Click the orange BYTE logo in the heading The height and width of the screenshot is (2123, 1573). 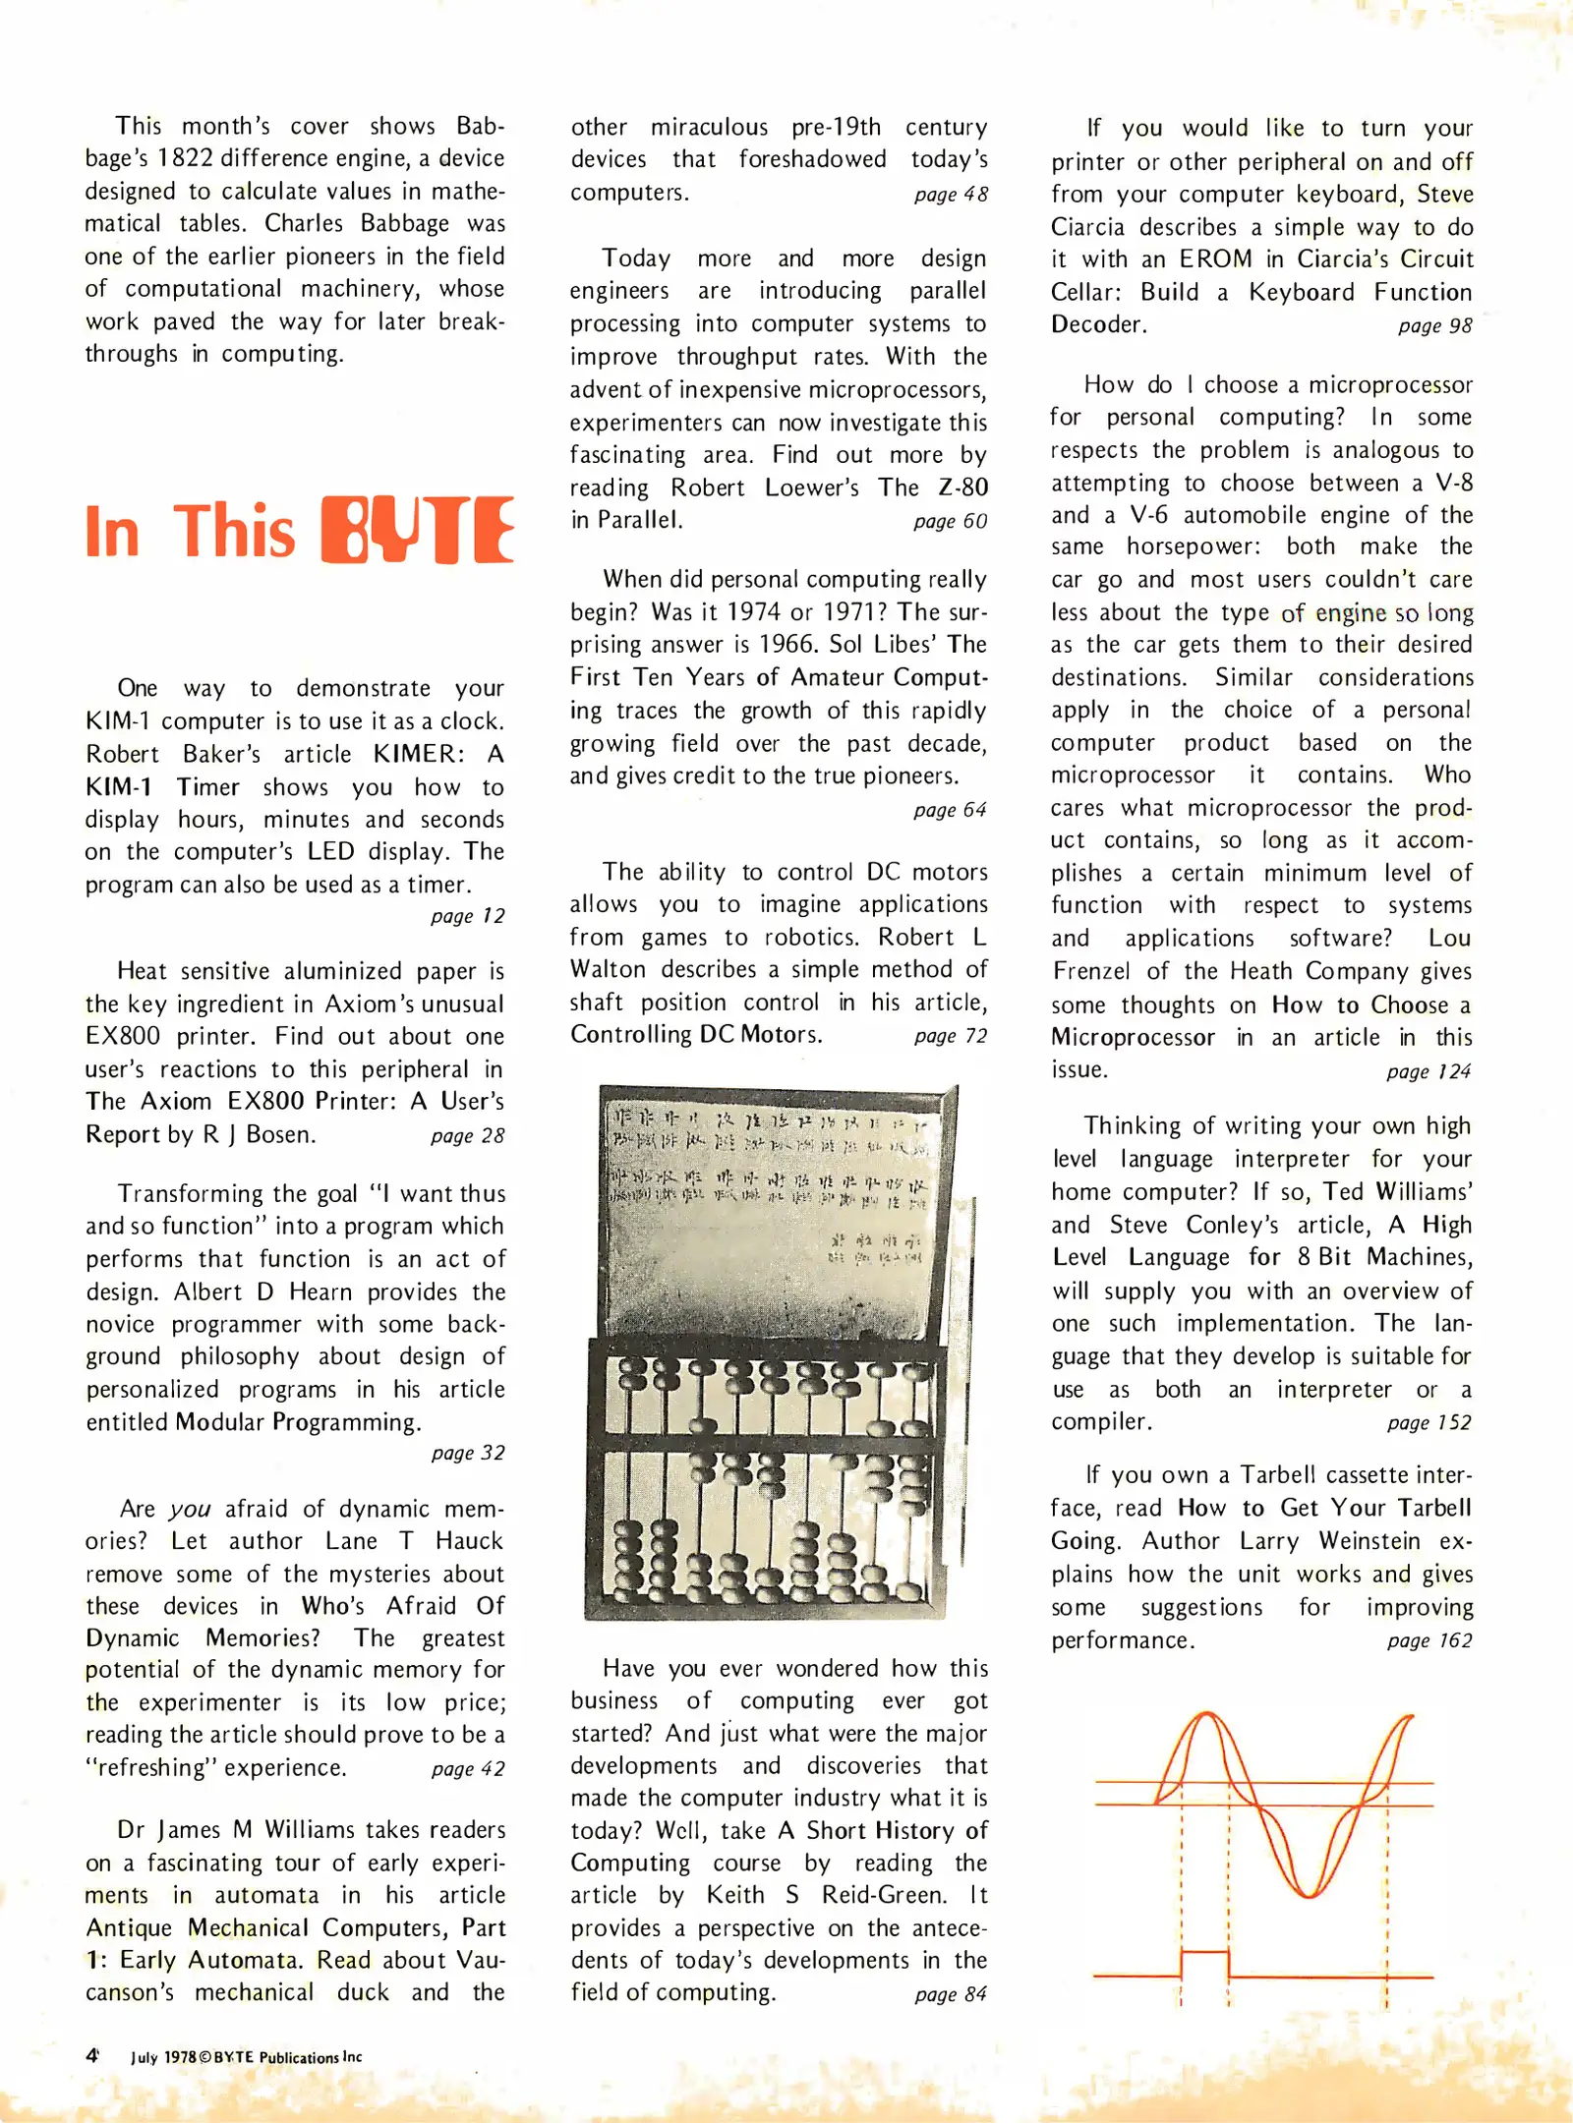point(418,530)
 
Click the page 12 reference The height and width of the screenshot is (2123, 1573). point(468,916)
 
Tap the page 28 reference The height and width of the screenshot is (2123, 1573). point(468,1135)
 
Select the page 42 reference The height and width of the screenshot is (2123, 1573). point(468,1768)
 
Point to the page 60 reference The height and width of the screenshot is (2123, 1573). point(950,521)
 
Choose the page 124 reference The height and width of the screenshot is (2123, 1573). point(1428,1071)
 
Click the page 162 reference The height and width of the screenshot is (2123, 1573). point(1429,1640)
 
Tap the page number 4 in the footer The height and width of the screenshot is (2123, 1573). point(91,2055)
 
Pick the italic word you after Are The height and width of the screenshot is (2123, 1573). point(190,1509)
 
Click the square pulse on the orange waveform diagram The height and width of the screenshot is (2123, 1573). point(1204,1961)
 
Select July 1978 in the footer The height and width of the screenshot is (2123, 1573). point(163,2057)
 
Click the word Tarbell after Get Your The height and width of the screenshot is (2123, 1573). point(1434,1508)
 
